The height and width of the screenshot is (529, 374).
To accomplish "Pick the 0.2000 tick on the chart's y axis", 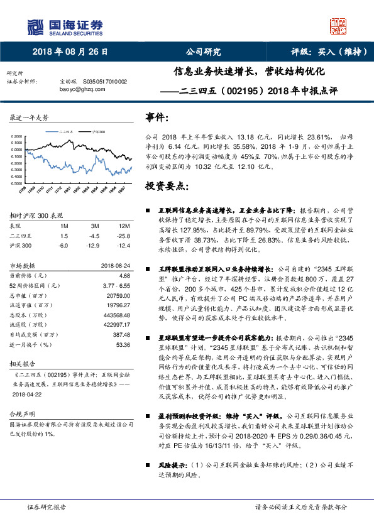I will tap(19, 136).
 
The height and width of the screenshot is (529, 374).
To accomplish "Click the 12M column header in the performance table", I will tap(124, 225).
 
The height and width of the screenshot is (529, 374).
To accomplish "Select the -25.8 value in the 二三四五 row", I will tap(124, 235).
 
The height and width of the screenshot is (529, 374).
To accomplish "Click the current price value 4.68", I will tap(124, 275).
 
